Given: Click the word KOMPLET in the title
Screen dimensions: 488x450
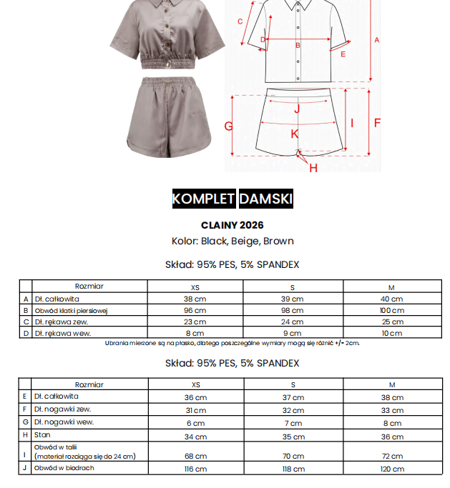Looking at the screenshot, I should click(203, 199).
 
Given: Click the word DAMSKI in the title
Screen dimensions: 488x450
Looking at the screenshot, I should click(265, 199).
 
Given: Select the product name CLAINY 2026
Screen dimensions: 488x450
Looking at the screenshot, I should click(232, 225).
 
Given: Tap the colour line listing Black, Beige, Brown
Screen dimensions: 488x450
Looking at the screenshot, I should click(232, 241).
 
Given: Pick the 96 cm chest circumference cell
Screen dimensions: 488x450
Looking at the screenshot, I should click(195, 311).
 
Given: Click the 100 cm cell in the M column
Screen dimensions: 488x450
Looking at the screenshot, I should click(391, 311).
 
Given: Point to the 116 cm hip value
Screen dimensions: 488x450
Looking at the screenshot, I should click(195, 469).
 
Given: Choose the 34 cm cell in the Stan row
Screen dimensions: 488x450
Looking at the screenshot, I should click(195, 435).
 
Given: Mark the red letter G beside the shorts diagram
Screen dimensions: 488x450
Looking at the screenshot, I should click(229, 126).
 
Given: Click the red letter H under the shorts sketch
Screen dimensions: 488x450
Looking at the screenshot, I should click(313, 168).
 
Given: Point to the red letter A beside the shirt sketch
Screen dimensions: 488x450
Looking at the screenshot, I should click(376, 40).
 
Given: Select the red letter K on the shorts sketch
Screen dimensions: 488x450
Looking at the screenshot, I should click(294, 134).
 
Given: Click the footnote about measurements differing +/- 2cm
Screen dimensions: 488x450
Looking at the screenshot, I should click(232, 343).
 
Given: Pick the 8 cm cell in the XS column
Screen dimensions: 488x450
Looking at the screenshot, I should click(195, 334).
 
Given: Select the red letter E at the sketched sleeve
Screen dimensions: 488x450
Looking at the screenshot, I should click(343, 54).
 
